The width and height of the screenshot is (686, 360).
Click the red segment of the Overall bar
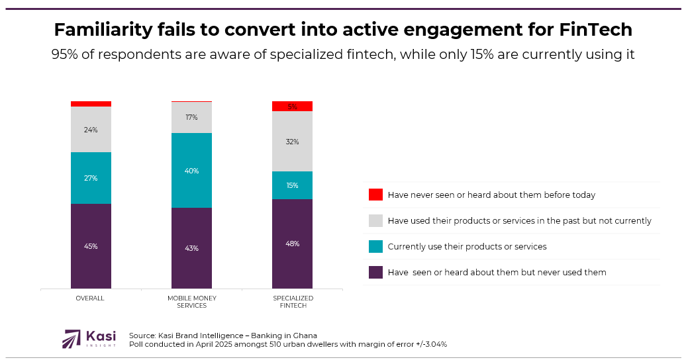(91, 104)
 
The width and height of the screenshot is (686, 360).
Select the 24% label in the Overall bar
(91, 130)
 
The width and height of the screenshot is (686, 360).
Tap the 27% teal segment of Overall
(91, 178)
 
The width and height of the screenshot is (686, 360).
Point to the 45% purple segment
(91, 246)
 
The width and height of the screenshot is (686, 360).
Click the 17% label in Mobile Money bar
(191, 118)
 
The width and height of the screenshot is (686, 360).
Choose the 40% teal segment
(191, 171)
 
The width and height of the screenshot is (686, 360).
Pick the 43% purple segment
(191, 248)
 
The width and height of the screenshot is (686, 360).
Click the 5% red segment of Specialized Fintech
(292, 107)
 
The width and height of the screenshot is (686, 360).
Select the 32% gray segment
(292, 142)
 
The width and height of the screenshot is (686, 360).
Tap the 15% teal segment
(292, 185)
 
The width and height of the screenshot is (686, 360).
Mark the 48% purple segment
(292, 244)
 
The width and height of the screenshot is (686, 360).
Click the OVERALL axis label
(90, 298)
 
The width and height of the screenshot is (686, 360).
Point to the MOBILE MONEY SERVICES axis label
(191, 302)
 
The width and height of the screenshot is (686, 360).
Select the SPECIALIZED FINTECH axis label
(293, 302)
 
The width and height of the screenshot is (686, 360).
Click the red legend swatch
(375, 195)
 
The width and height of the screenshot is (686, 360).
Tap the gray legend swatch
(375, 220)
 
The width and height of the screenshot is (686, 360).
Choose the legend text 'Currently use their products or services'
(467, 246)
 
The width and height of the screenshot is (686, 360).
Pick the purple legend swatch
(375, 272)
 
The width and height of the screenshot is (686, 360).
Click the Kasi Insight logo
(89, 339)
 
